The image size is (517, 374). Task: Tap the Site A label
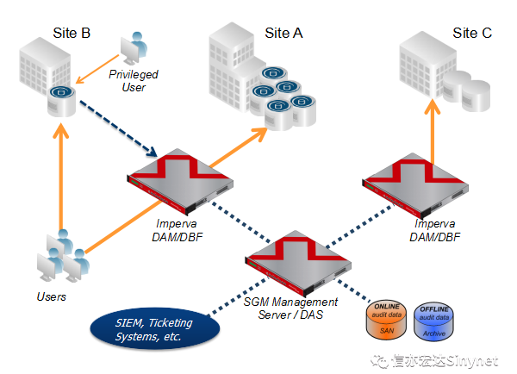coord(283,33)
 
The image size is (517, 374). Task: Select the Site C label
coord(472,33)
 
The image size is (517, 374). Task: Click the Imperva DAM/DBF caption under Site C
coord(434,230)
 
